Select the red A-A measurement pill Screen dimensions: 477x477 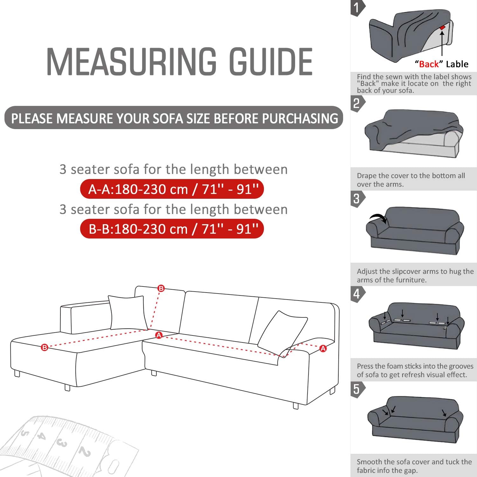coord(172,189)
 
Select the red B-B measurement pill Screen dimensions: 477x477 coord(172,229)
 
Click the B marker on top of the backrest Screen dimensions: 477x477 coord(161,288)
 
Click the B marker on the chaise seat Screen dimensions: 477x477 coord(45,348)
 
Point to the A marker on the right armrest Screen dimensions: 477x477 coord(323,349)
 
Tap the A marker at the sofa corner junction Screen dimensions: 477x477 coord(159,335)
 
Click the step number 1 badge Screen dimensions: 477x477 coord(357,8)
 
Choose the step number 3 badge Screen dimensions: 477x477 coord(356,199)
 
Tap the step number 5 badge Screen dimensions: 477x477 coord(356,389)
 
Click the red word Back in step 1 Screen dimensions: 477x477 coord(429,64)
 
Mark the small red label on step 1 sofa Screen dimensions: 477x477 coord(442,28)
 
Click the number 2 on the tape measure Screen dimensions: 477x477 coord(85,452)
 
